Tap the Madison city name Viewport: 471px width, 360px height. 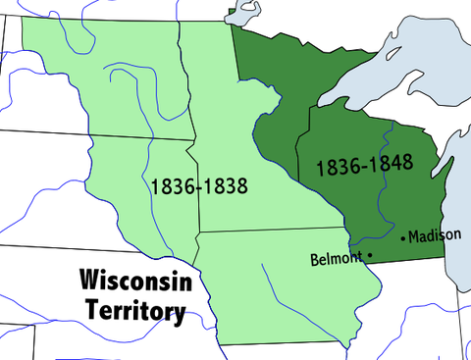point(434,236)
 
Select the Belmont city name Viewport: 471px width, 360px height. point(336,260)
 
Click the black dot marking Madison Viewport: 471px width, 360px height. point(403,238)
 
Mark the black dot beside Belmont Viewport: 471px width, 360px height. point(370,257)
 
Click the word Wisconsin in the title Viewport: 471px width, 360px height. point(133,282)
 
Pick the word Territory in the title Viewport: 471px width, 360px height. point(133,311)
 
